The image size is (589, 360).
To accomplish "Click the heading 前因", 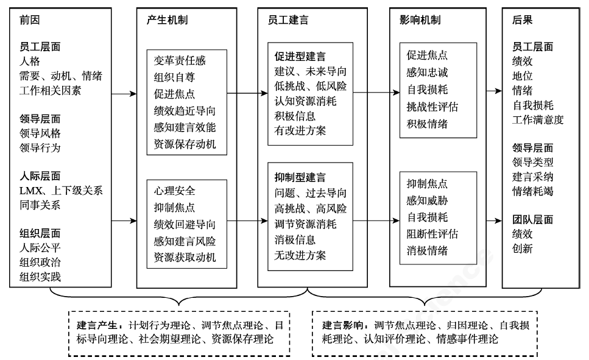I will tap(29, 19).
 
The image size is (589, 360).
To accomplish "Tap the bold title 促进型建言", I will tap(300, 56).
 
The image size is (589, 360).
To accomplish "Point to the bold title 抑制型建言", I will tap(300, 178).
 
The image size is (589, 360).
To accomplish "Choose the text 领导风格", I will tap(40, 133).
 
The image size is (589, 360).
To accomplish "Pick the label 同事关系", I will tap(40, 205).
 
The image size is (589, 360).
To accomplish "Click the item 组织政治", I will tap(40, 263).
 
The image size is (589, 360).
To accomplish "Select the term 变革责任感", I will tap(180, 61).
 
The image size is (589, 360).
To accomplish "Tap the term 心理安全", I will tap(175, 191).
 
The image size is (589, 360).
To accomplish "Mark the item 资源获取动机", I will tap(185, 256).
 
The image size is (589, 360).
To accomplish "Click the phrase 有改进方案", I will tap(300, 130).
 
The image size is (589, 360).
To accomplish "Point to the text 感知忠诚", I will tap(427, 72).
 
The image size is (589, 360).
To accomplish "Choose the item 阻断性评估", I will tap(432, 234).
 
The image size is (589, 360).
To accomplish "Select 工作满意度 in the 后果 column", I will tap(538, 119).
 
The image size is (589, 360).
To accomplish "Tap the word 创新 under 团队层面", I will tap(523, 249).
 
